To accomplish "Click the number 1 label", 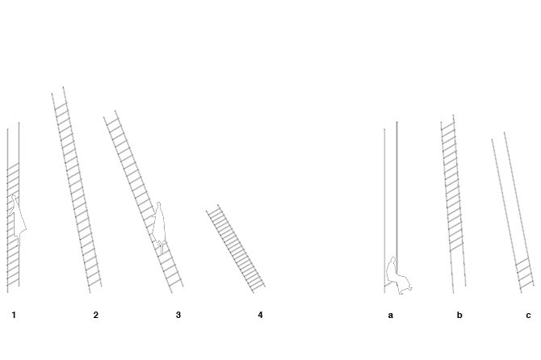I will (x=14, y=315).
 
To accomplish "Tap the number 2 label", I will (x=95, y=315).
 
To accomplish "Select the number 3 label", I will (x=178, y=315).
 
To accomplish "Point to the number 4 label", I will (x=260, y=315).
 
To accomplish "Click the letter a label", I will (x=390, y=315).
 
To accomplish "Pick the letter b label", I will (x=459, y=315).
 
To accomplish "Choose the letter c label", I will (x=528, y=315).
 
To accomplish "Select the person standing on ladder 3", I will (x=160, y=226).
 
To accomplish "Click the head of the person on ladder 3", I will (x=159, y=206).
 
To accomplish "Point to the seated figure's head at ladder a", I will (x=393, y=261).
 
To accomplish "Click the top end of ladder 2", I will (x=58, y=91).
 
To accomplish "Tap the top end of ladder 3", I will (x=110, y=115).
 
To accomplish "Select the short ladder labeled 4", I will (x=236, y=249).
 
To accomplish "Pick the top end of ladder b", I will (x=447, y=120).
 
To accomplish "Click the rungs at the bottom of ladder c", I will (x=526, y=274).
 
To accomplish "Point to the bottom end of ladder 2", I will (x=95, y=287).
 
